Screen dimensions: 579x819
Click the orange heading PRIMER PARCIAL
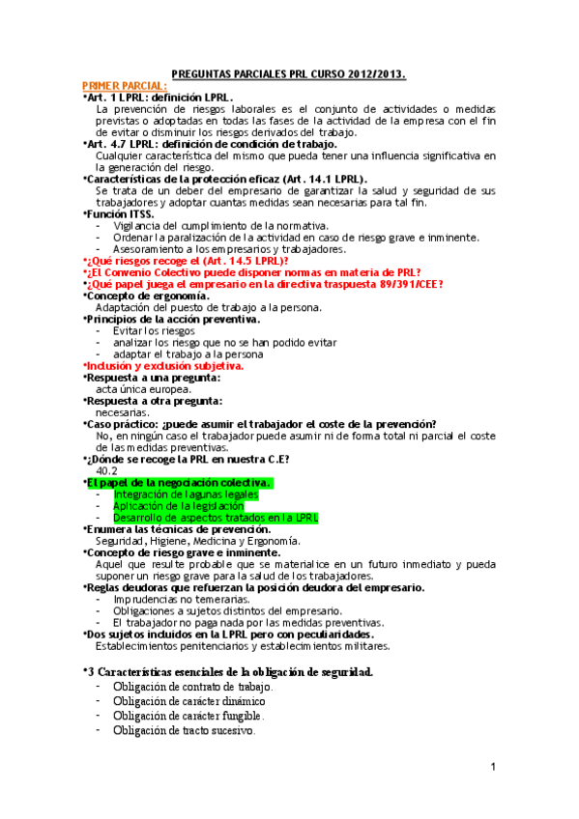[x=125, y=86]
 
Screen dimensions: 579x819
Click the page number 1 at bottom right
[x=493, y=767]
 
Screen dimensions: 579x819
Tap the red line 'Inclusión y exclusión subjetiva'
[x=163, y=366]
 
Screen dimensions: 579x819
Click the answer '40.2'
[x=106, y=470]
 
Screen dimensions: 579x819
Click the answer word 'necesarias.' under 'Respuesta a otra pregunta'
[x=122, y=411]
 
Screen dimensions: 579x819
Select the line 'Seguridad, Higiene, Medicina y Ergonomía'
[x=190, y=541]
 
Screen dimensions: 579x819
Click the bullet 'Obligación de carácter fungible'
[x=188, y=716]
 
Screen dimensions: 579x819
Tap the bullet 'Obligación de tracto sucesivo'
[x=184, y=731]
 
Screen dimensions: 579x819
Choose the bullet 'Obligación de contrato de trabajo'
[x=191, y=687]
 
